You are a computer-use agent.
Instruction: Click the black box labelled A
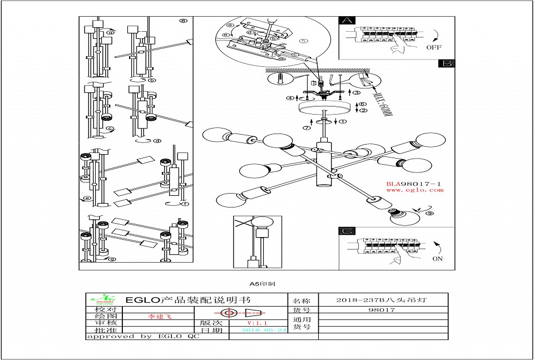coord(348,21)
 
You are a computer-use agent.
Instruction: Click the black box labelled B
coord(446,63)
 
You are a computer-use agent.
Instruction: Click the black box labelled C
coord(348,231)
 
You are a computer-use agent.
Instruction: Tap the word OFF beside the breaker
coord(434,48)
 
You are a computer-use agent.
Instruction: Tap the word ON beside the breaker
coord(437,259)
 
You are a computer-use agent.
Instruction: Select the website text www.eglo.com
coord(414,190)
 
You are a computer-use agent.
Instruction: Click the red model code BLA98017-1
coord(414,184)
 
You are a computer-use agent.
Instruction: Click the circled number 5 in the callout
coord(303,41)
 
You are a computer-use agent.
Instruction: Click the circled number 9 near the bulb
coord(429,213)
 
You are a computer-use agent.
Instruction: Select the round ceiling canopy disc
coord(323,108)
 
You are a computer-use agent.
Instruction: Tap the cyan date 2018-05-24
coord(264,330)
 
